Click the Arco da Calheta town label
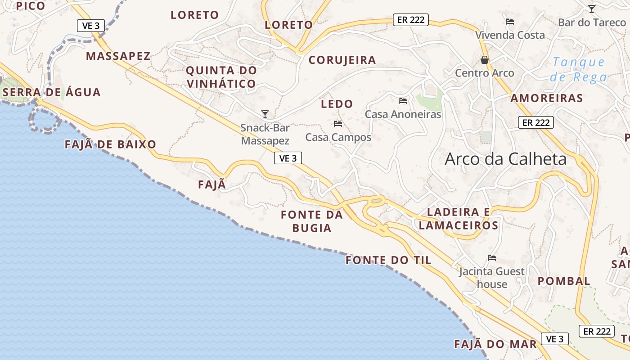(x=505, y=159)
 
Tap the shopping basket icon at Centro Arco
(x=485, y=60)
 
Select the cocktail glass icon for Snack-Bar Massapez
(x=265, y=114)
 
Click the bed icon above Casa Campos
(x=338, y=124)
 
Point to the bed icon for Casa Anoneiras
(x=403, y=101)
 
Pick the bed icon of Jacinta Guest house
(x=492, y=258)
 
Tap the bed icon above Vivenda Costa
(x=510, y=22)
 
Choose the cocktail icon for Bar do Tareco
(x=592, y=9)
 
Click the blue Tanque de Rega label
(x=579, y=69)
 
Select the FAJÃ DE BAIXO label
(x=110, y=144)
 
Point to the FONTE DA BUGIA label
(x=312, y=221)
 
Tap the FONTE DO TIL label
(x=388, y=260)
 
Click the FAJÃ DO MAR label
(x=495, y=344)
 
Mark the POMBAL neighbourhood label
(x=564, y=281)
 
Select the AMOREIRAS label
(x=547, y=98)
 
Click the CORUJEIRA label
(x=342, y=60)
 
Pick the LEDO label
(x=337, y=104)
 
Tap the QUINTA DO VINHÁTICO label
(x=221, y=77)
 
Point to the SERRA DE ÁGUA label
(x=52, y=92)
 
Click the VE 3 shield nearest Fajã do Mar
(x=554, y=339)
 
